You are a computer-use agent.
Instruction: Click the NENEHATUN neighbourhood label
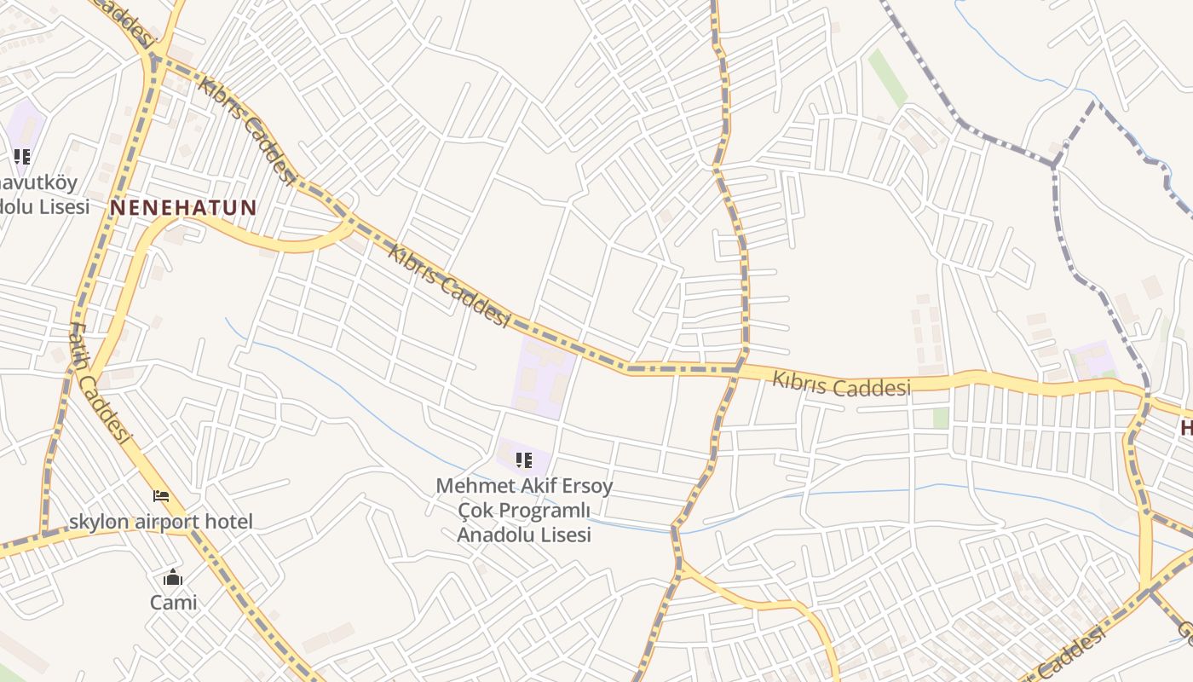[x=183, y=207]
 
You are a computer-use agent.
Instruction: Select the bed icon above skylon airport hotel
[x=161, y=495]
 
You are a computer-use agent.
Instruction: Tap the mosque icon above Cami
[x=173, y=578]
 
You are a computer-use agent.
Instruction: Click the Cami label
[x=173, y=603]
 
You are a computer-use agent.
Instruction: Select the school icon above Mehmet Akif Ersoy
[x=523, y=461]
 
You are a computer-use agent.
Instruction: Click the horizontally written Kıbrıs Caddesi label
[x=841, y=384]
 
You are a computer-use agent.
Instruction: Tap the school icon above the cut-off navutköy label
[x=22, y=157]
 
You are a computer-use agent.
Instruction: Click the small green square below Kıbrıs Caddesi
[x=941, y=418]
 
